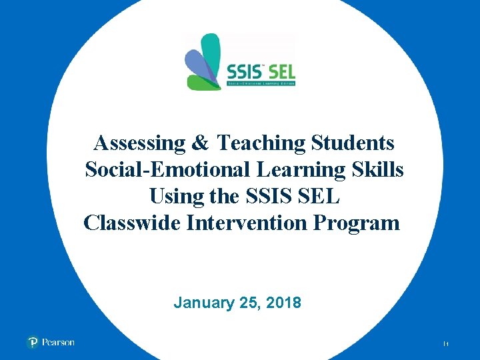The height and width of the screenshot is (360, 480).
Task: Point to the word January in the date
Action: click(x=201, y=303)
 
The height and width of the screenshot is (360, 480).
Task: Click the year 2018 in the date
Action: click(x=283, y=303)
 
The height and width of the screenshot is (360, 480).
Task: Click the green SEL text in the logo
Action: click(x=280, y=71)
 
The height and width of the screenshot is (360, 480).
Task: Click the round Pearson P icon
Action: click(x=33, y=342)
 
